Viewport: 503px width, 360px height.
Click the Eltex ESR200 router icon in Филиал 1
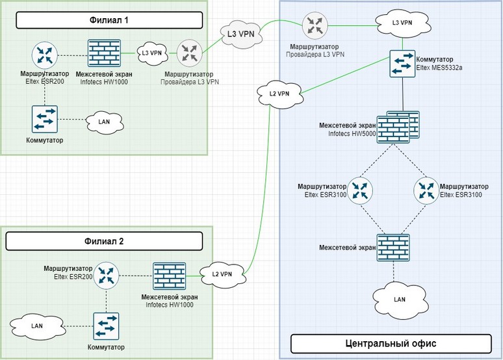pyautogui.click(x=45, y=55)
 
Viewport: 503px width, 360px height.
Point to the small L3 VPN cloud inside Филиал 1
pyautogui.click(x=151, y=53)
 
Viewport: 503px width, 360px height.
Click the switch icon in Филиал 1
pyautogui.click(x=45, y=119)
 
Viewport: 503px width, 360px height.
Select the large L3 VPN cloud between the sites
pyautogui.click(x=242, y=32)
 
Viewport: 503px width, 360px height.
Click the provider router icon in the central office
pyautogui.click(x=315, y=25)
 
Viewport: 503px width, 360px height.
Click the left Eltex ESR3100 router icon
pyautogui.click(x=358, y=190)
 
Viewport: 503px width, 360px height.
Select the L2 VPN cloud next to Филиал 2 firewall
pyautogui.click(x=222, y=274)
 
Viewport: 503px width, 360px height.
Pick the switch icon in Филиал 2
pyautogui.click(x=106, y=325)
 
